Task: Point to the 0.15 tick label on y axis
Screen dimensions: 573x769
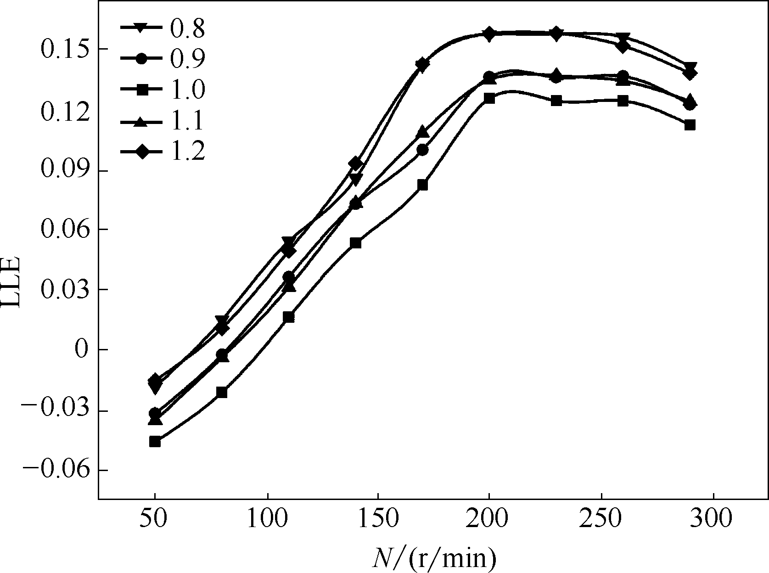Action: [x=65, y=49]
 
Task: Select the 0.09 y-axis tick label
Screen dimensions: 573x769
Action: [x=65, y=170]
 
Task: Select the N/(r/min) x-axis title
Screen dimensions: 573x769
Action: [x=434, y=558]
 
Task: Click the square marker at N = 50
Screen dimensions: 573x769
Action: [x=155, y=442]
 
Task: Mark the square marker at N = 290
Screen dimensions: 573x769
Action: [x=690, y=125]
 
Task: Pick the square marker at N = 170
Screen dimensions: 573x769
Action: [x=423, y=185]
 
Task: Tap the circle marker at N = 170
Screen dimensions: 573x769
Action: [x=423, y=150]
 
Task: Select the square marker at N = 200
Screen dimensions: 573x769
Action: [x=489, y=98]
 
